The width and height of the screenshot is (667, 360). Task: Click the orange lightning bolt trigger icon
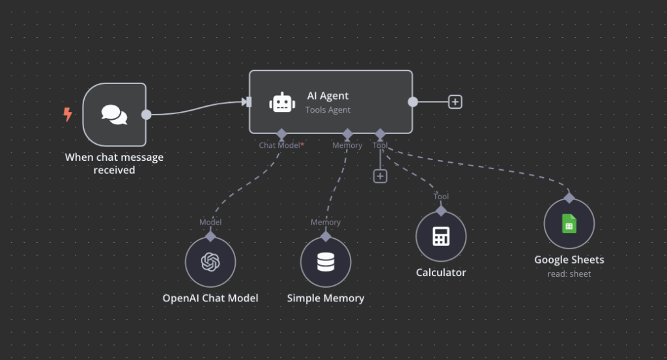(68, 115)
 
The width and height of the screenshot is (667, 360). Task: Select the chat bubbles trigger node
(115, 115)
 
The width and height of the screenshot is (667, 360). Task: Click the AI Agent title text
(328, 96)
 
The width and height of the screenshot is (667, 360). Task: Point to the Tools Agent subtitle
(328, 110)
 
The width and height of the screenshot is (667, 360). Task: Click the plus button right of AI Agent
(455, 102)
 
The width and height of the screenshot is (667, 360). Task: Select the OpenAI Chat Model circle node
(210, 262)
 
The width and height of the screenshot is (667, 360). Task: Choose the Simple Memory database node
(326, 262)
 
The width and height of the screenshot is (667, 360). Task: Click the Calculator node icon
(441, 236)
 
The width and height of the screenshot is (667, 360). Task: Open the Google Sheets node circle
(569, 224)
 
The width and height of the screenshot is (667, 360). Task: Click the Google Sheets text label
(569, 260)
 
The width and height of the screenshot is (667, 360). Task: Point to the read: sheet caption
(569, 274)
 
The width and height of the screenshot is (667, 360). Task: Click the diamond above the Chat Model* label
(281, 133)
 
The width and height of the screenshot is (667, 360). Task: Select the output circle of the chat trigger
(147, 115)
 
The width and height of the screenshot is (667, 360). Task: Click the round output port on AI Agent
(412, 102)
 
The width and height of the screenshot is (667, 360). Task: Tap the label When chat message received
(114, 163)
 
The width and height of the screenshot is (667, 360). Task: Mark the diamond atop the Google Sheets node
(569, 198)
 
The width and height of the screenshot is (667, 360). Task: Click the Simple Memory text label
(326, 298)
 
